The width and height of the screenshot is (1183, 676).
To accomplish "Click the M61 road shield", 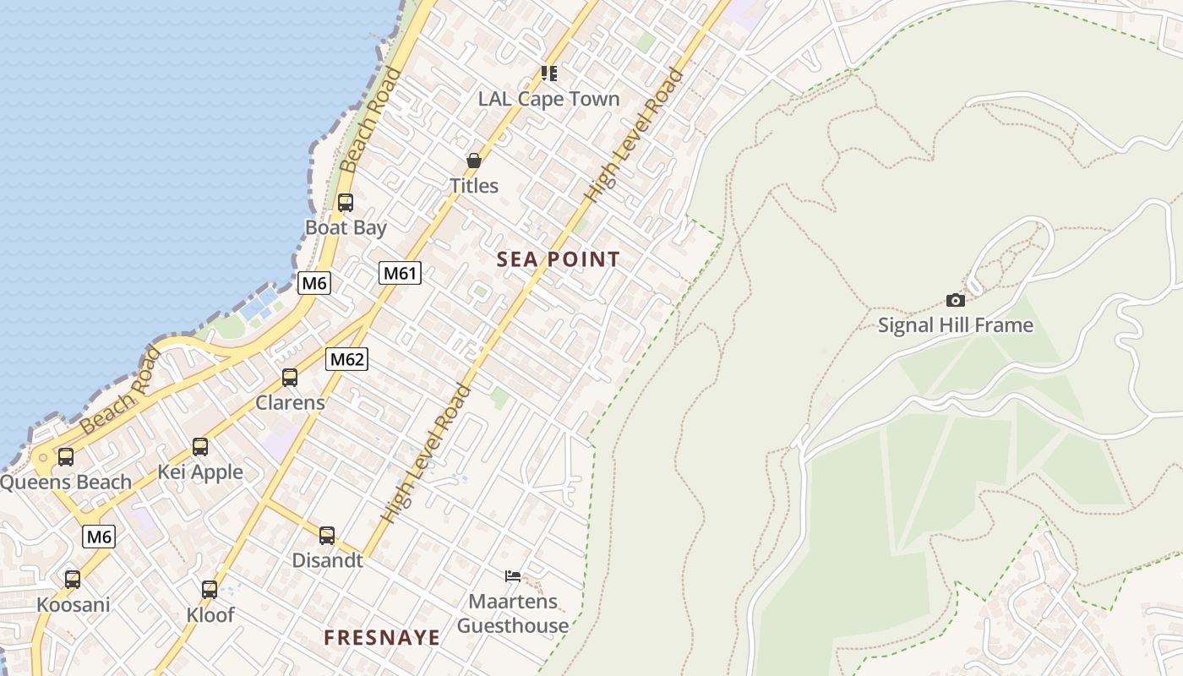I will (x=400, y=273).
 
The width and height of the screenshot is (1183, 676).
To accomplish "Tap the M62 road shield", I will (x=347, y=359).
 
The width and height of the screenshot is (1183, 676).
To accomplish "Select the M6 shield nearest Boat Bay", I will (x=314, y=283).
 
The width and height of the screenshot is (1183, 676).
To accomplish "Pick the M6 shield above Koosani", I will (x=99, y=537).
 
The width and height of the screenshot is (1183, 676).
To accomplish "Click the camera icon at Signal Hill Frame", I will (x=956, y=300).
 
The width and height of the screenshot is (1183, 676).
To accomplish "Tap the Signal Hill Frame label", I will (x=956, y=325).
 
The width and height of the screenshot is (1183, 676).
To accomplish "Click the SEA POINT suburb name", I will (x=559, y=259).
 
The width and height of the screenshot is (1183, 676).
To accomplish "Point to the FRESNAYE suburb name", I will (x=382, y=637).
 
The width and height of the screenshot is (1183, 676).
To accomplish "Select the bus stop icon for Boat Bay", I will (x=346, y=203).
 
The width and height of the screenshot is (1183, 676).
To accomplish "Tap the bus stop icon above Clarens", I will (x=290, y=378).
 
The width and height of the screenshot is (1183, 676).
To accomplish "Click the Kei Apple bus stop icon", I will (x=200, y=447).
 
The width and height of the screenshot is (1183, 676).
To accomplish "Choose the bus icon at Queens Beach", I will (x=66, y=457).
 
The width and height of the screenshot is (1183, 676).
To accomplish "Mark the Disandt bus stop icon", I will (x=327, y=536).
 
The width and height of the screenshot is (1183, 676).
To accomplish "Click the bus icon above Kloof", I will (x=210, y=590).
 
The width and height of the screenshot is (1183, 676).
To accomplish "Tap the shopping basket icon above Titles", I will (x=474, y=161).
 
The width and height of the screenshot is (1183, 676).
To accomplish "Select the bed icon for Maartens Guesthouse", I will (x=513, y=576).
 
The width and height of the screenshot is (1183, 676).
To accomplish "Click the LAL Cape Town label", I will (x=548, y=99).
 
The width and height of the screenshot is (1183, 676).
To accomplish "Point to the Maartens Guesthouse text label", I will (x=513, y=613).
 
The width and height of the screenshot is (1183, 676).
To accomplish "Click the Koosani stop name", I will (x=73, y=605).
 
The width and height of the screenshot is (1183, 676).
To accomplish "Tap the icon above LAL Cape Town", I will (x=549, y=74).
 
